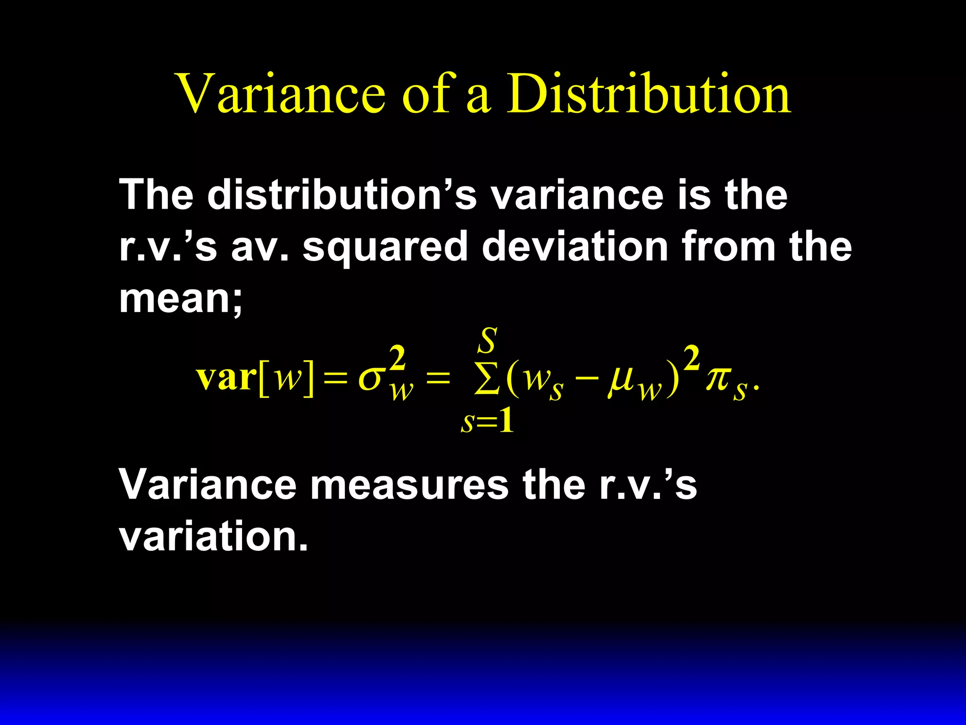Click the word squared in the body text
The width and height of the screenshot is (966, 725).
pyautogui.click(x=385, y=247)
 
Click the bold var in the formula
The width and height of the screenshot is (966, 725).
pyautogui.click(x=226, y=378)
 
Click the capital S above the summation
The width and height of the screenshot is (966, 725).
pyautogui.click(x=488, y=340)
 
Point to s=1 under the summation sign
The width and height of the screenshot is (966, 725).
pyautogui.click(x=487, y=422)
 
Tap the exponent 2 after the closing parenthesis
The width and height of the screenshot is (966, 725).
pyautogui.click(x=691, y=359)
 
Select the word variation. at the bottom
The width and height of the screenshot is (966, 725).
pyautogui.click(x=213, y=537)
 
